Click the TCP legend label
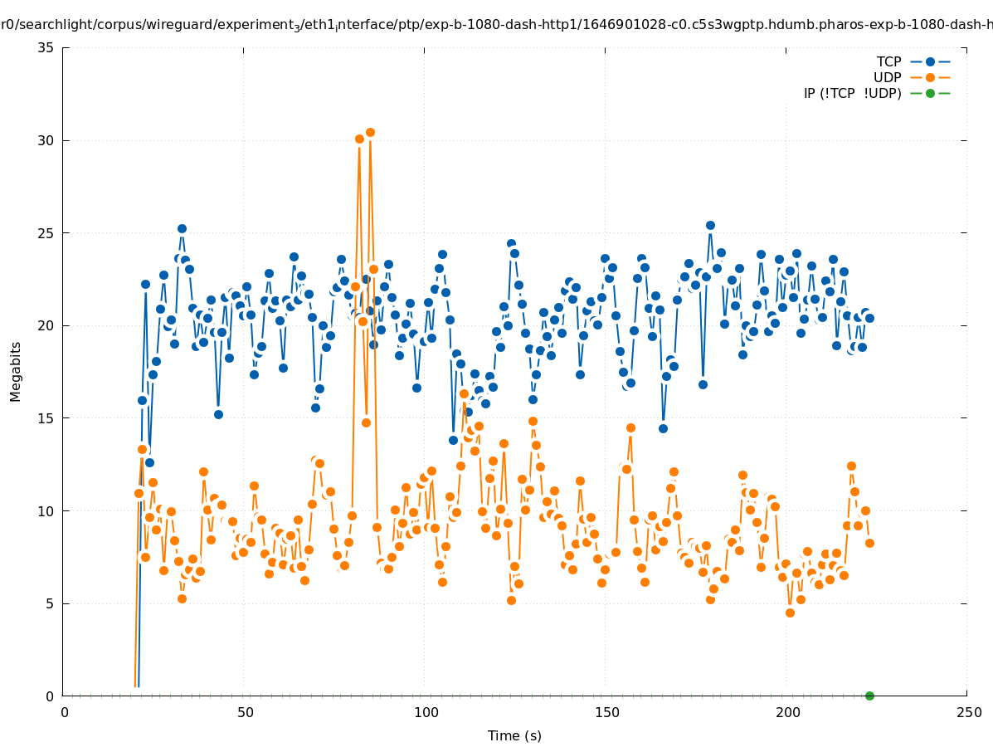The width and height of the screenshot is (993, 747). click(888, 61)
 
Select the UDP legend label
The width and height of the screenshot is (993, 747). click(887, 77)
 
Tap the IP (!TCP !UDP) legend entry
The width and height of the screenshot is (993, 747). click(852, 93)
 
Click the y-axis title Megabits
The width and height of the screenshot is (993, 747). click(16, 371)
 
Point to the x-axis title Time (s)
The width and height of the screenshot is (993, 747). click(514, 735)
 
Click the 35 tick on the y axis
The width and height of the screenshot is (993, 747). click(46, 47)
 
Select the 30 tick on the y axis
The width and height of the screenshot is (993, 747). click(46, 140)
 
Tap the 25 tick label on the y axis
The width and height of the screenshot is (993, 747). click(46, 233)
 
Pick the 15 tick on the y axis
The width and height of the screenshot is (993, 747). click(46, 418)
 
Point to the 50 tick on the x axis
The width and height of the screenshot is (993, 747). click(245, 712)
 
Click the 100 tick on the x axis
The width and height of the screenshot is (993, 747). click(426, 712)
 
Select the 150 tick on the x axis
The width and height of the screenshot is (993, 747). click(606, 712)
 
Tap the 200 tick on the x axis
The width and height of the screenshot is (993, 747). click(787, 712)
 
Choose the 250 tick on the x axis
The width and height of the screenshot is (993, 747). click(968, 712)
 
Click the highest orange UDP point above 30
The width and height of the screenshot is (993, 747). click(370, 132)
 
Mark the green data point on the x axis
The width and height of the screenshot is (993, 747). click(869, 696)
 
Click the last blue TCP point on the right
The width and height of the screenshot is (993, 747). click(869, 318)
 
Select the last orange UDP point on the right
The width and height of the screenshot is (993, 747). click(869, 543)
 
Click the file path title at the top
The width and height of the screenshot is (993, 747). click(496, 25)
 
